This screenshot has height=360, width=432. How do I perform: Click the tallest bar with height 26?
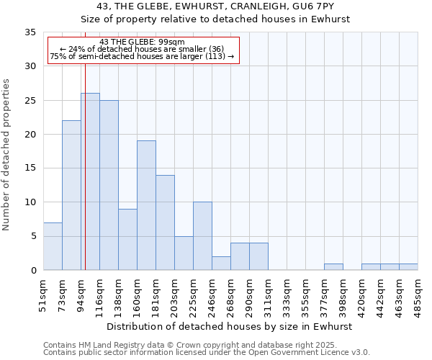(x=90, y=181)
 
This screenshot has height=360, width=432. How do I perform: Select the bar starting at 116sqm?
(x=109, y=185)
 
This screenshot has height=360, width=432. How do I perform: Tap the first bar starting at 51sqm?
(x=53, y=246)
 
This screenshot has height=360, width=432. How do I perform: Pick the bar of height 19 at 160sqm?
(x=146, y=205)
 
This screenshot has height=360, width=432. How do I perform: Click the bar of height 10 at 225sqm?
(x=202, y=236)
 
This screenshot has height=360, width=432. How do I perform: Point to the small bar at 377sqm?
(x=333, y=267)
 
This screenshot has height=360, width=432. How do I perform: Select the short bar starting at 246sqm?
(x=221, y=264)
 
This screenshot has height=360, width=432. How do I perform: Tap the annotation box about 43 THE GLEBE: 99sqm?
(x=143, y=49)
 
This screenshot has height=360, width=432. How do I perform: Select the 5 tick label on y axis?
(x=32, y=236)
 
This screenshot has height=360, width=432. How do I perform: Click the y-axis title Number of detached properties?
(x=8, y=155)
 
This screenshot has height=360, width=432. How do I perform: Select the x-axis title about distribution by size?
(x=230, y=326)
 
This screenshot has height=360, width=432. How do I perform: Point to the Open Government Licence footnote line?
(x=207, y=353)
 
